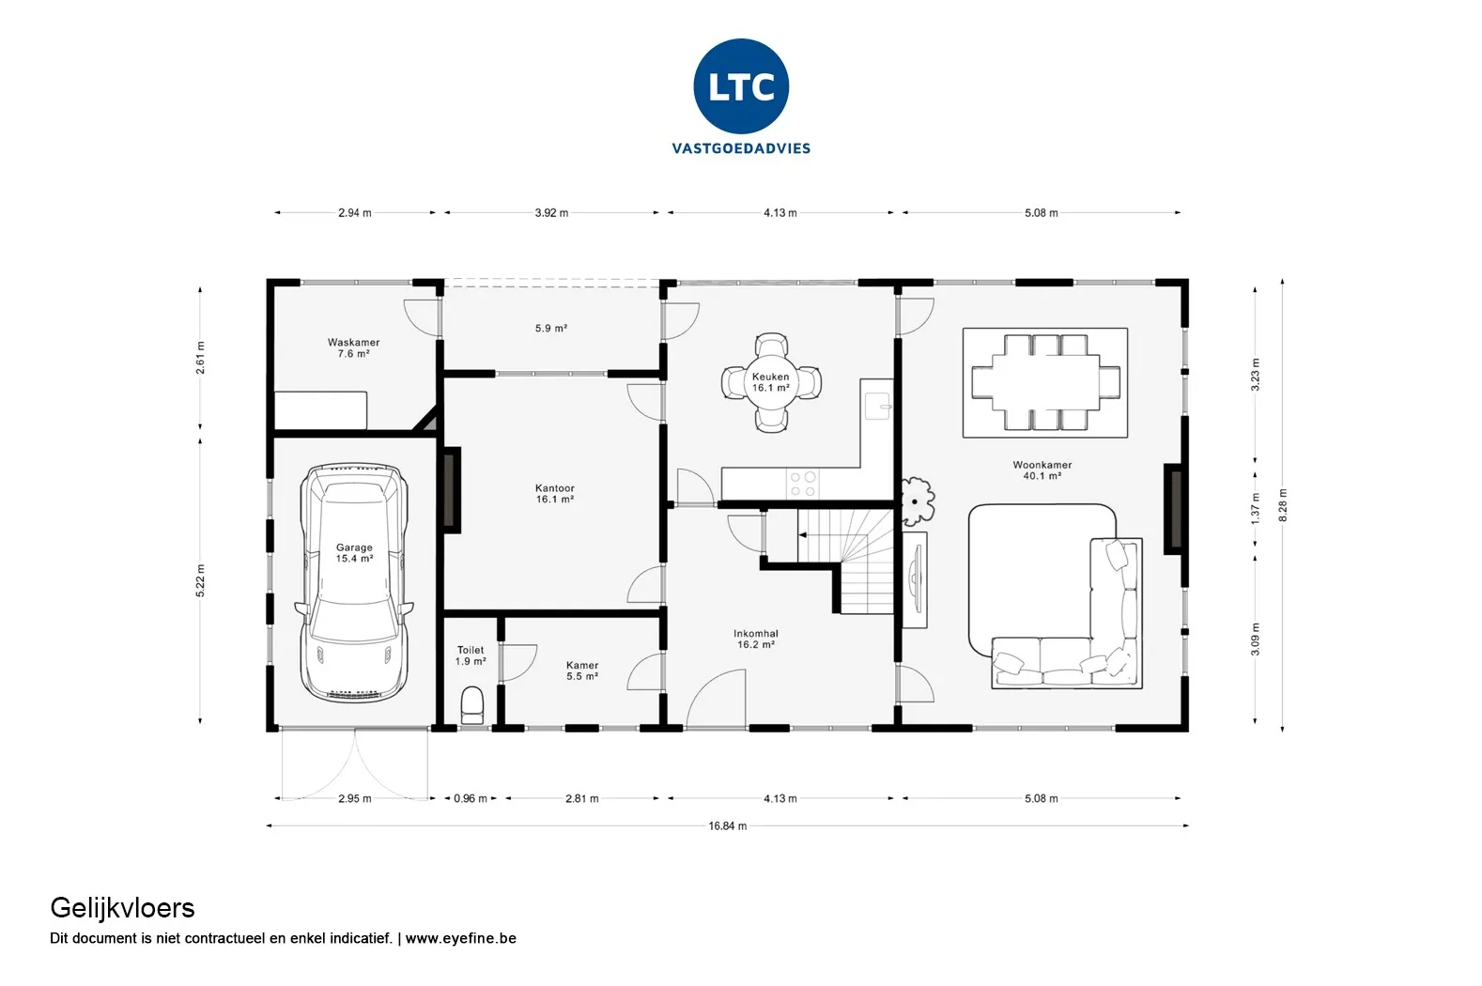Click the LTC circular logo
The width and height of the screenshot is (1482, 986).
tap(741, 86)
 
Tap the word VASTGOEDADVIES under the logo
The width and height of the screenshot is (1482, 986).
tap(741, 148)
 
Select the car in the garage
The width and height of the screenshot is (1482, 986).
tap(354, 582)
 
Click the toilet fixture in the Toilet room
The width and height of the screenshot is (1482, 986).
tap(471, 705)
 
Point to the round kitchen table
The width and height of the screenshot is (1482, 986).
tap(771, 382)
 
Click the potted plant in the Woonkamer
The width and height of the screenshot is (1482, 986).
tap(916, 501)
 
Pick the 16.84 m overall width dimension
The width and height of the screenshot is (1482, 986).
tap(727, 825)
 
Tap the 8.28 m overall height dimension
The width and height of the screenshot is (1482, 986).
tap(1283, 505)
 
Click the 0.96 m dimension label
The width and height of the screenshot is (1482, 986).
tap(471, 799)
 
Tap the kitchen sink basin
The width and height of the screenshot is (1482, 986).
tap(878, 406)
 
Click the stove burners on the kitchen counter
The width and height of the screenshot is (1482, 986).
tap(803, 484)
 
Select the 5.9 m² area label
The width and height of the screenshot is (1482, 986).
tap(551, 329)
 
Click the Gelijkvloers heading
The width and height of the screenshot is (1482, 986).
tap(122, 909)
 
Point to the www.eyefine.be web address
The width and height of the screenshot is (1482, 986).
tap(460, 938)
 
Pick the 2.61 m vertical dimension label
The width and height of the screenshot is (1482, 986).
tap(200, 358)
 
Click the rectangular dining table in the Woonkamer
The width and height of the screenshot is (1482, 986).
tap(1045, 382)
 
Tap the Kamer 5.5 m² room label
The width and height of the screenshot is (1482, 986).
tap(582, 671)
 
